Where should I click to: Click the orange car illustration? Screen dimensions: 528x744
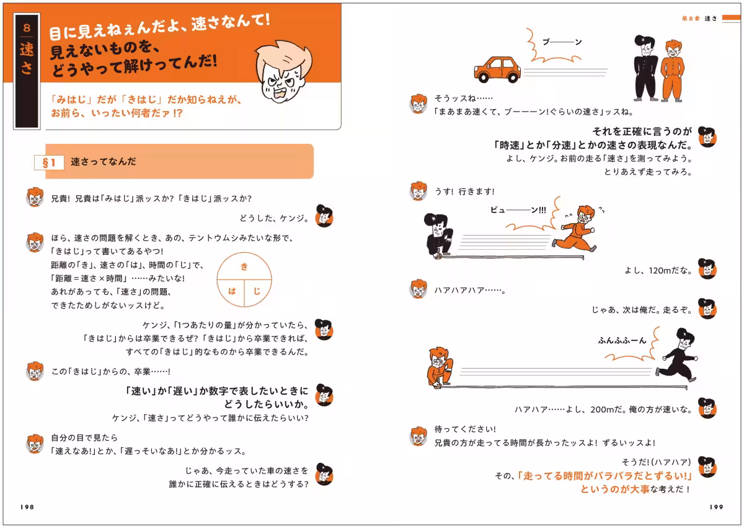(498, 69)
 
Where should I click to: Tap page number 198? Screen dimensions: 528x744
(26, 506)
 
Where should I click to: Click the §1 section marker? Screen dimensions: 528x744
(48, 162)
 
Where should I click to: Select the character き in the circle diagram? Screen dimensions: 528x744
(244, 266)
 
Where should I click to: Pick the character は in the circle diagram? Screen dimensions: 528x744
(232, 291)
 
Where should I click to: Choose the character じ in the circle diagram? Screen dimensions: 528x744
(257, 291)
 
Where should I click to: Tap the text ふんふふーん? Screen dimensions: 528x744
(622, 340)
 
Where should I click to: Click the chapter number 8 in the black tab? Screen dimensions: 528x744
(26, 29)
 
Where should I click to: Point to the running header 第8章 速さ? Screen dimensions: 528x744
(697, 19)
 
